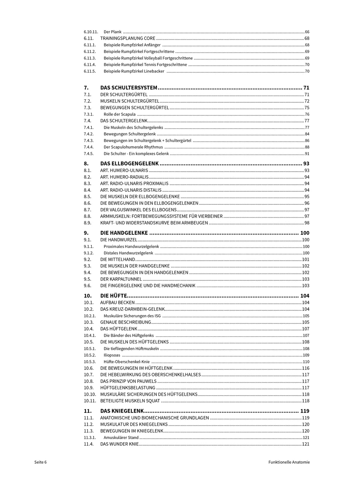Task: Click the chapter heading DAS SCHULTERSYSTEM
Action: click(x=129, y=88)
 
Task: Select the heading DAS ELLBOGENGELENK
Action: click(x=129, y=164)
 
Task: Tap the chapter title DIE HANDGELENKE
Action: click(x=124, y=233)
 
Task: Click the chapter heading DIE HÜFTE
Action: click(x=114, y=296)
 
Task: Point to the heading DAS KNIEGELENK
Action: click(x=122, y=411)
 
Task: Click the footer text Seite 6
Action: click(x=40, y=462)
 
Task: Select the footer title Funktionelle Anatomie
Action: click(x=289, y=462)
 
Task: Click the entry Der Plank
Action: click(x=113, y=32)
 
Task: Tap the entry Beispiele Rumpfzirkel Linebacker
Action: click(x=134, y=71)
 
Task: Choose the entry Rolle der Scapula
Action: click(x=120, y=114)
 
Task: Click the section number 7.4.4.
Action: click(x=89, y=147)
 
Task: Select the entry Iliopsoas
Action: click(x=112, y=355)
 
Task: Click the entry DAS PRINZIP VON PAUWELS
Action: click(x=128, y=381)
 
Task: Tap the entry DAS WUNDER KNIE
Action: click(x=119, y=444)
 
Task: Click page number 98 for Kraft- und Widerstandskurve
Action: click(x=307, y=223)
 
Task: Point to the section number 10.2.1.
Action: click(x=90, y=316)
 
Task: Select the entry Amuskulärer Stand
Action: click(x=121, y=438)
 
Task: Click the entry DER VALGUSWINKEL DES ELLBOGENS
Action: click(x=138, y=210)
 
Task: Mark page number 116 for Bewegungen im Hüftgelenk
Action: click(x=306, y=368)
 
